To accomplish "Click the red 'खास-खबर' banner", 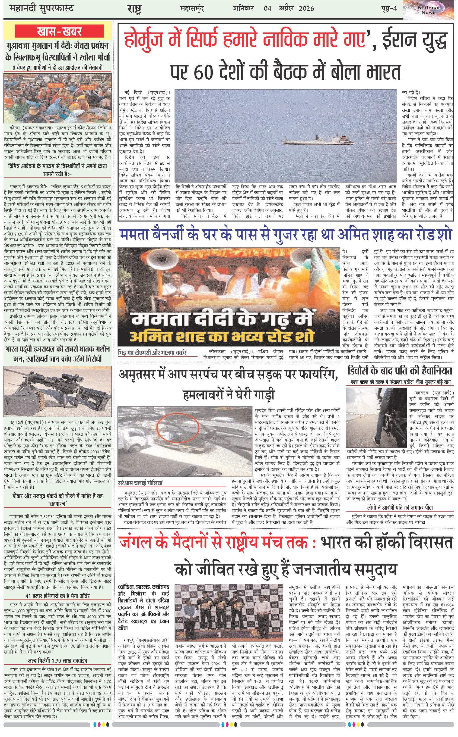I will (59, 31).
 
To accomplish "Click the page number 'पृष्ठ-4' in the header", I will (389, 8).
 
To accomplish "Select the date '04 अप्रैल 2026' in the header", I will (288, 8).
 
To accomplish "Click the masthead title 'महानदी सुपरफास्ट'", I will (42, 8).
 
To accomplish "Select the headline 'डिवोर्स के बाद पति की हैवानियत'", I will (400, 371).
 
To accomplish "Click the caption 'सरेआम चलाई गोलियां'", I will (140, 483).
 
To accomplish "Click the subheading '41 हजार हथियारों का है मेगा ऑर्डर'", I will (58, 595).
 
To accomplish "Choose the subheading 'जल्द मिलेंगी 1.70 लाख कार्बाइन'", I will (58, 661).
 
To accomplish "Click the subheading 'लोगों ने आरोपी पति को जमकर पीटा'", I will (400, 507).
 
